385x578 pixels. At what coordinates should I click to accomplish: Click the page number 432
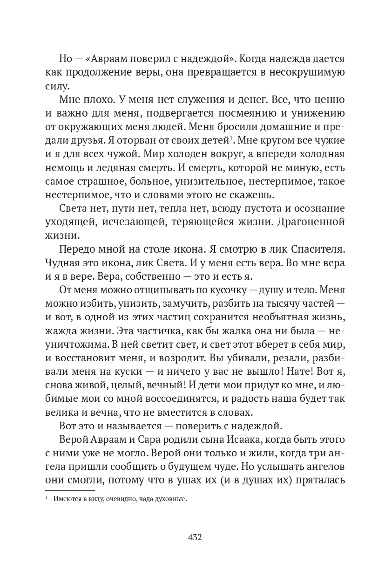[x=195, y=537]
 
